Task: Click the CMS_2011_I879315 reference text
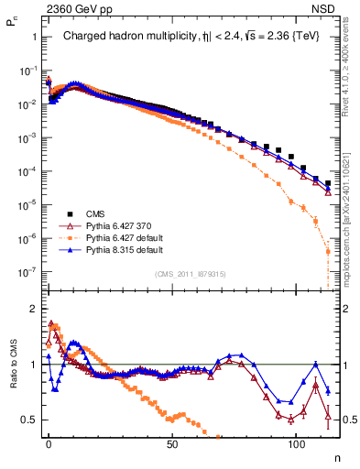tap(191, 273)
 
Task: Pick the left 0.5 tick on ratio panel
tap(27, 420)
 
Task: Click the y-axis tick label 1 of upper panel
tap(33, 38)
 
